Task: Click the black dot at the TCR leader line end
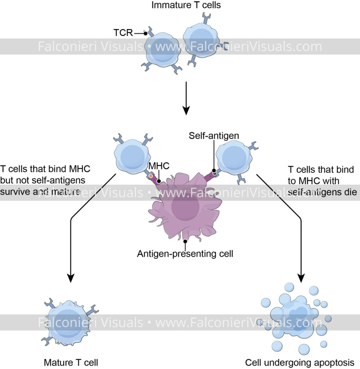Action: [145, 34]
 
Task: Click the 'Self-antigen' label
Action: [214, 136]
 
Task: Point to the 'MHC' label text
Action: [159, 166]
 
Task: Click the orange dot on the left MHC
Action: [150, 176]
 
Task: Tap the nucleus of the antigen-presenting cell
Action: [185, 207]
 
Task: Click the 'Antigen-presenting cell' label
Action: [185, 254]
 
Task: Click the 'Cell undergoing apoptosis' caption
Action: [302, 362]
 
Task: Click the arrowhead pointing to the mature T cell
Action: [71, 277]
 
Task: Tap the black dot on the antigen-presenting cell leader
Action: [185, 241]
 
